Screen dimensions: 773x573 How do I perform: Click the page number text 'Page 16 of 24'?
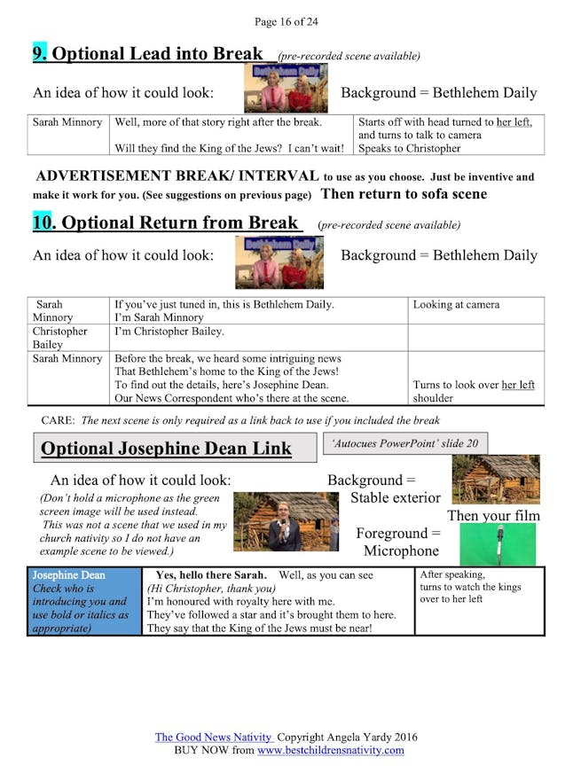tap(286, 21)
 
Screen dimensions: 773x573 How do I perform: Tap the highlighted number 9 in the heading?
tap(40, 53)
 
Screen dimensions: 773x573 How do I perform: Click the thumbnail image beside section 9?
tap(285, 88)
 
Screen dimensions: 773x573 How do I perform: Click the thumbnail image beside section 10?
tap(279, 262)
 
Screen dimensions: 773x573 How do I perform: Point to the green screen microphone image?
tap(497, 544)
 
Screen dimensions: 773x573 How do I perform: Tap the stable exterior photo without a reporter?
tap(495, 479)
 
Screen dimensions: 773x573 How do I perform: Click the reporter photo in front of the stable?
tap(286, 521)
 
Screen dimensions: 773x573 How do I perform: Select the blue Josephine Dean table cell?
tap(84, 601)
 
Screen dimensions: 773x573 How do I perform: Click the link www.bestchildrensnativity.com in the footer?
tap(330, 750)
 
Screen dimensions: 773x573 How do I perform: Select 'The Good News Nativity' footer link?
tap(214, 737)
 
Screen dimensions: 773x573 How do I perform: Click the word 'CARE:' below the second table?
tap(59, 419)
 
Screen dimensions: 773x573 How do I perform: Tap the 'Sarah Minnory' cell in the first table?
tap(67, 122)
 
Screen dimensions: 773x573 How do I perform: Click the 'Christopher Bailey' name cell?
tap(60, 338)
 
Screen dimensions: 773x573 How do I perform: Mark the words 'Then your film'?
tap(493, 515)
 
